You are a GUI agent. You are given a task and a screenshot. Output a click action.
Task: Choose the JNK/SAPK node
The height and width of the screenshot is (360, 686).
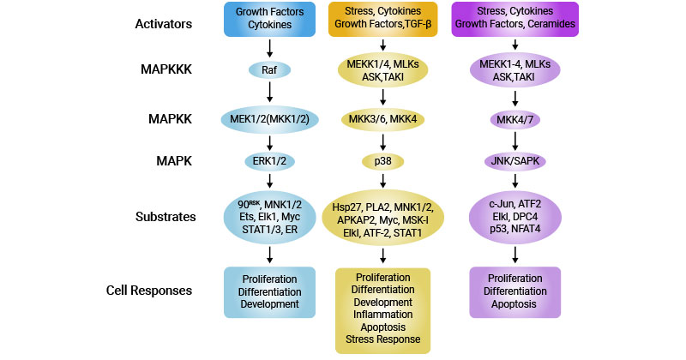514,160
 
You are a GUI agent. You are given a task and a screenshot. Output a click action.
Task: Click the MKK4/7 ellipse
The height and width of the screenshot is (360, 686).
514,118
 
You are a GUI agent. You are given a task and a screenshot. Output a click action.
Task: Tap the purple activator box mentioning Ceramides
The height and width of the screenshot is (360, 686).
514,20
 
